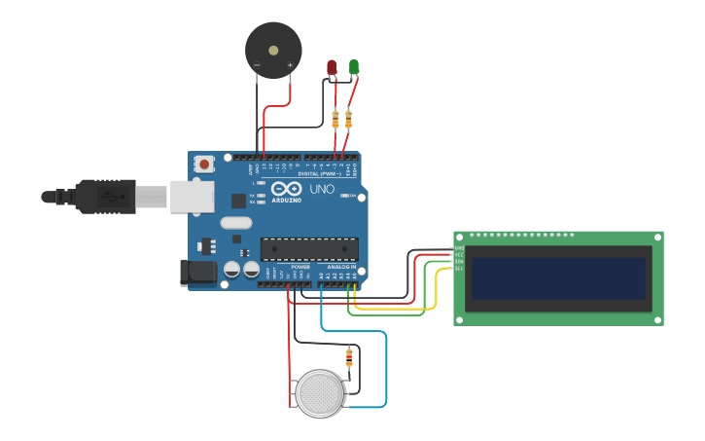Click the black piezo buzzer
273,50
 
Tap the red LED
332,67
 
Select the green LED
354,67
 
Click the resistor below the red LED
335,119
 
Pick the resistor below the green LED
348,119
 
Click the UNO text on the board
321,189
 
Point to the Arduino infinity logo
287,189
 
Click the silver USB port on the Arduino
192,196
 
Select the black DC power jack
198,273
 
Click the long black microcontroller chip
308,249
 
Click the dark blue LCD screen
558,278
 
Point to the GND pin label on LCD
457,248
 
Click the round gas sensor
320,393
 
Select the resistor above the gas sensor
350,356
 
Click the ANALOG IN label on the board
340,266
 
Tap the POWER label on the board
300,266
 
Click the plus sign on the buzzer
290,65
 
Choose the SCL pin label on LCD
457,269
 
